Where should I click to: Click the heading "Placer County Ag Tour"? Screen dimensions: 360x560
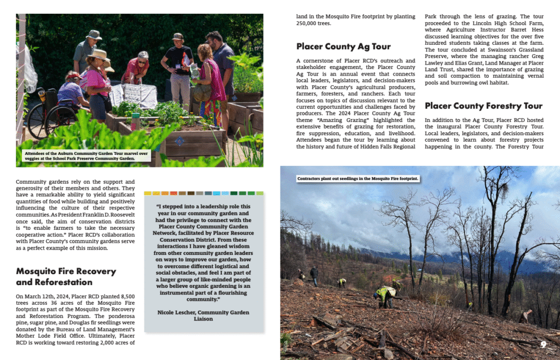pyautogui.click(x=343, y=47)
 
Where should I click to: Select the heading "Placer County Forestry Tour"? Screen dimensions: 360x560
pyautogui.click(x=483, y=106)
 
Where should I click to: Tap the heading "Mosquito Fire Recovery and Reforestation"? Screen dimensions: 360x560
pyautogui.click(x=66, y=277)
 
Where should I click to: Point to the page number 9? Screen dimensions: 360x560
pyautogui.click(x=544, y=344)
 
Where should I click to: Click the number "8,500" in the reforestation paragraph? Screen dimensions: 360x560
pyautogui.click(x=124, y=296)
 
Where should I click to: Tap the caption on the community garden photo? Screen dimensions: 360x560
pyautogui.click(x=86, y=156)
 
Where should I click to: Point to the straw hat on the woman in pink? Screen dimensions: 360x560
pyautogui.click(x=99, y=55)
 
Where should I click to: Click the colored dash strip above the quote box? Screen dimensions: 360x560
pyautogui.click(x=203, y=193)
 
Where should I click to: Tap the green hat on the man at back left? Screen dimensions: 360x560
pyautogui.click(x=94, y=34)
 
